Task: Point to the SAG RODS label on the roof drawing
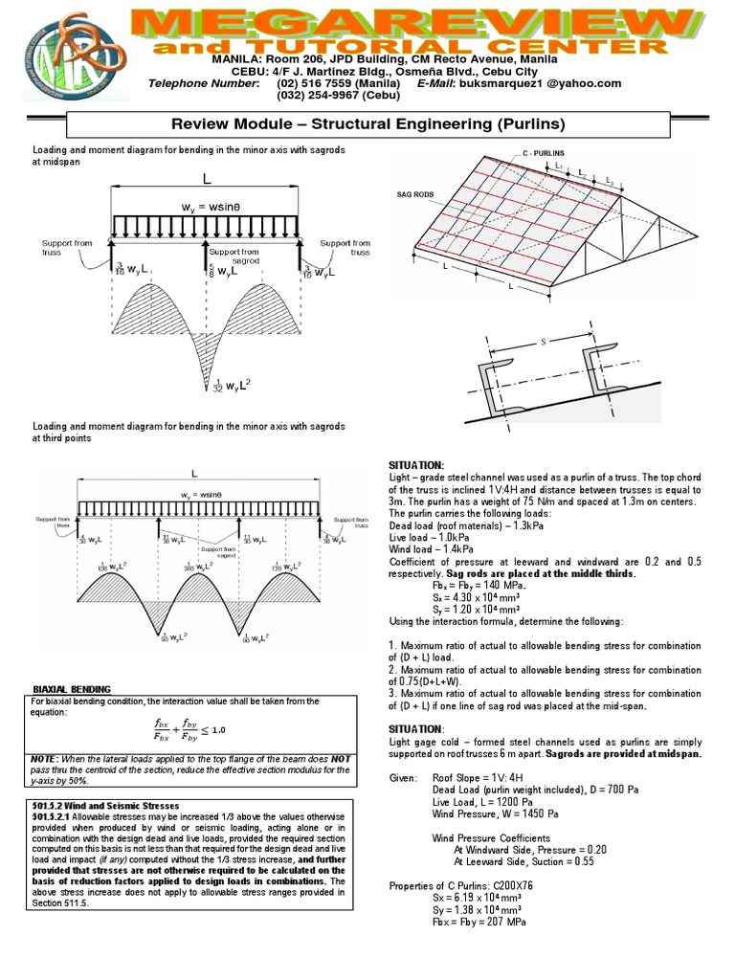pos(415,194)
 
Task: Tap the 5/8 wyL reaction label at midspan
pos(224,271)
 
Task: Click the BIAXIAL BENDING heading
pos(73,689)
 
